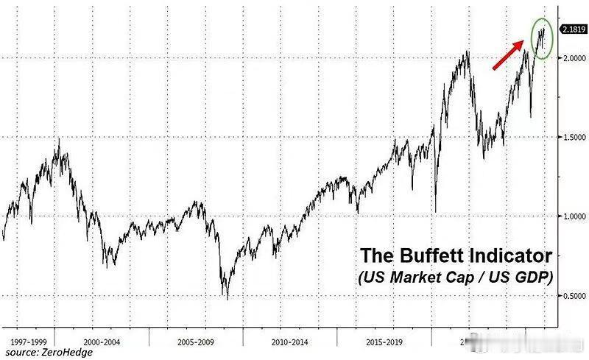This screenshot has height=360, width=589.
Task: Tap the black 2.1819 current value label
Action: (573, 29)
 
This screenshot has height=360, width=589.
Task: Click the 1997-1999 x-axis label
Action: (29, 343)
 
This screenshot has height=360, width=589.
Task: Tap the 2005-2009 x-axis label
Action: (196, 343)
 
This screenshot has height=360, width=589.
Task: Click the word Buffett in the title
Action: (431, 256)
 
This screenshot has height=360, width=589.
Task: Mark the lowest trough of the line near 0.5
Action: (228, 297)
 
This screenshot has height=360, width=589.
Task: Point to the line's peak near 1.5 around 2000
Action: (58, 139)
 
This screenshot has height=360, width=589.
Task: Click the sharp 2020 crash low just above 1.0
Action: (436, 211)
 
